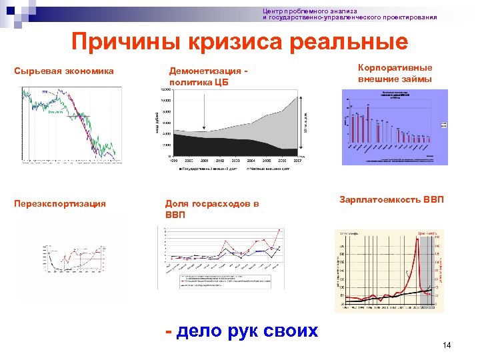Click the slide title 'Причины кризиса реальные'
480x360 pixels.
[x=240, y=42]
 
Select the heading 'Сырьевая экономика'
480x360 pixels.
[x=64, y=71]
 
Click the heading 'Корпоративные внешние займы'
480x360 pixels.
[x=395, y=73]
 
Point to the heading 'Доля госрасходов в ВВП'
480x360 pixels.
[x=211, y=209]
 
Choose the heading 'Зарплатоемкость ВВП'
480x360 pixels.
[x=391, y=200]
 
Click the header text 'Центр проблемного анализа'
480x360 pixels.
[x=310, y=11]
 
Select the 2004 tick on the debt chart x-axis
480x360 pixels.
[x=251, y=161]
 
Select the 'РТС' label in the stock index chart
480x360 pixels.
[x=45, y=91]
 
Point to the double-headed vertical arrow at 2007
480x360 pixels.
[x=305, y=123]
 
